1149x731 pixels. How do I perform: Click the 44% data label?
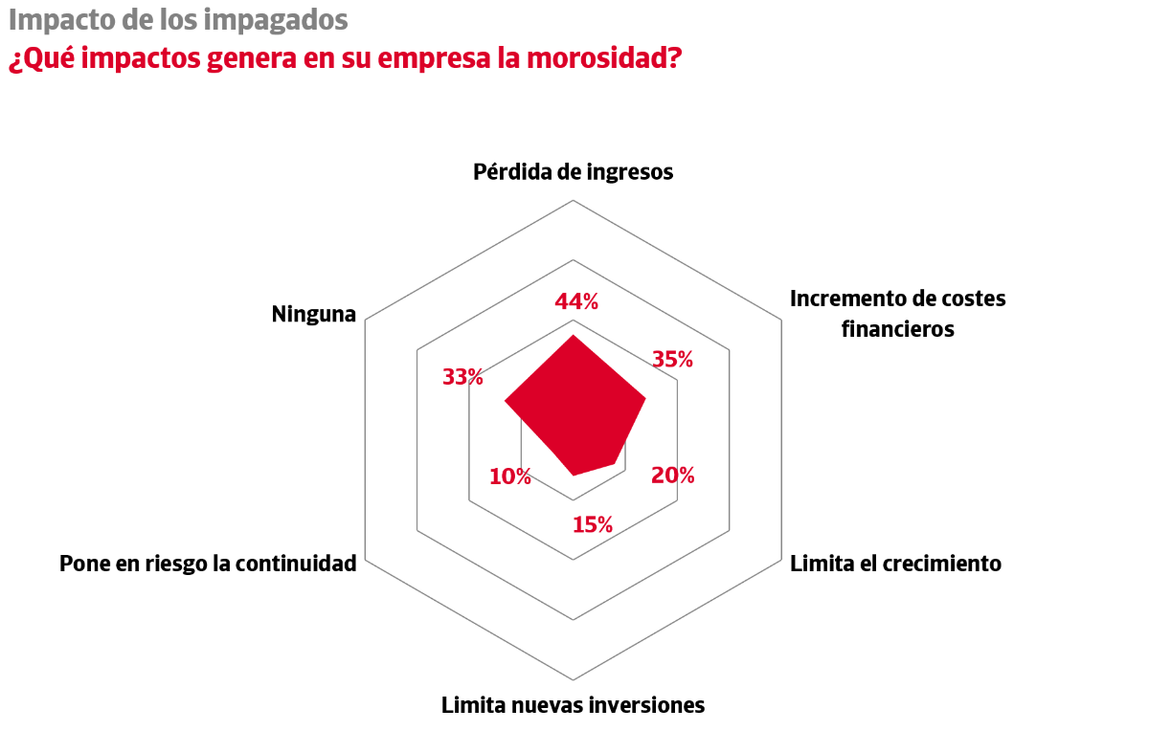coord(576,302)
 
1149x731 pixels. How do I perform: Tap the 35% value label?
coord(672,360)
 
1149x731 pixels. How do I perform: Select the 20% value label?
coord(673,476)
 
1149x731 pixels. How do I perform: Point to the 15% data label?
coord(593,524)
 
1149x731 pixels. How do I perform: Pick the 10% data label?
coord(509,476)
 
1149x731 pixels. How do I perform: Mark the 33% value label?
coord(462,377)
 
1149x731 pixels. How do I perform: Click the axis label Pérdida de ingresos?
coord(574,172)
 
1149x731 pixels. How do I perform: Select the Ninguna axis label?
coord(313,314)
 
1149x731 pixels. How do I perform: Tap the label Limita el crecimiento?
coord(895,564)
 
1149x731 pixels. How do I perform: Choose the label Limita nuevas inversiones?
coord(573,706)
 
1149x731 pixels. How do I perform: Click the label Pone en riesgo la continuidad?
coord(208,564)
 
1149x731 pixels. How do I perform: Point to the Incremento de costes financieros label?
coord(897,313)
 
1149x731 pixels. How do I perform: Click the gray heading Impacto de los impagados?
coord(178,20)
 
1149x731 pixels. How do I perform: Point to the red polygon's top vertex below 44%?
coord(574,336)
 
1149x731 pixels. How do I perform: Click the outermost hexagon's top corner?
coord(574,200)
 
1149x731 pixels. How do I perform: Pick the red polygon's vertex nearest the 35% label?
coord(645,398)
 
